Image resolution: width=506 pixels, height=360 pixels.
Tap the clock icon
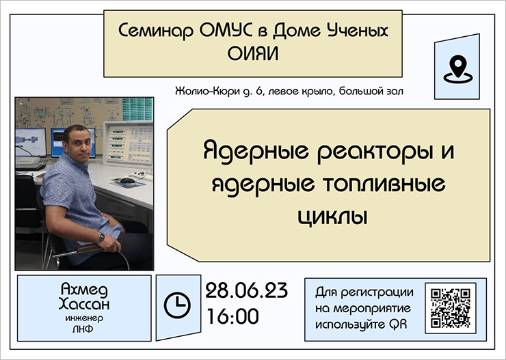[x=177, y=305]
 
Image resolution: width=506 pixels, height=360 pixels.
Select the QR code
[x=451, y=308]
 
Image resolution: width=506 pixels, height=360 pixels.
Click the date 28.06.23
[x=246, y=290]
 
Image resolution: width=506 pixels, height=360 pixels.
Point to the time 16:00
[x=232, y=316]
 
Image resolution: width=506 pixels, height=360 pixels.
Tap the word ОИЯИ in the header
[x=253, y=54]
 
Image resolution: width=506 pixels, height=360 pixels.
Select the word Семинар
[x=156, y=31]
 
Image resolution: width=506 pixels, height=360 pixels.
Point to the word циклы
[x=332, y=217]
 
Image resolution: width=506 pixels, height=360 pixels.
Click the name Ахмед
[x=84, y=290]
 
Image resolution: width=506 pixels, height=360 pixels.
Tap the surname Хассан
[x=84, y=304]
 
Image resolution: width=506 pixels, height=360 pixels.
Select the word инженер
[x=84, y=318]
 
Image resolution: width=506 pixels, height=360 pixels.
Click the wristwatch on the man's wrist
[x=101, y=238]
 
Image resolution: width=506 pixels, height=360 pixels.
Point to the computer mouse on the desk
[x=127, y=180]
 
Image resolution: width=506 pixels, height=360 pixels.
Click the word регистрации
[x=377, y=292]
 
